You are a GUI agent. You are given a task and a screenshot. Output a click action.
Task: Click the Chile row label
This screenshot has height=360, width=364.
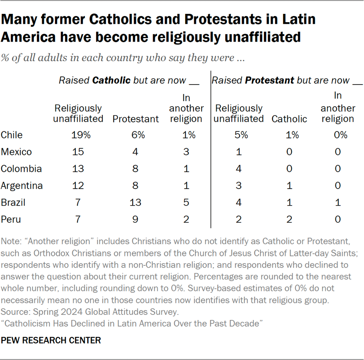pos(12,135)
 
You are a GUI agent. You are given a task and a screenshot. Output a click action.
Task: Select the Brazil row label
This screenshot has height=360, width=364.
pos(13,203)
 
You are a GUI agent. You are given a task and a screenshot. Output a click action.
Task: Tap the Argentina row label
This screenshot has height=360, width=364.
pos(22,186)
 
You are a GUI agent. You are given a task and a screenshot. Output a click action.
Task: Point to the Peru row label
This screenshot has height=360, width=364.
pos(11,219)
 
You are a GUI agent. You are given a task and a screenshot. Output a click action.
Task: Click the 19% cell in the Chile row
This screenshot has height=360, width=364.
pos(81,135)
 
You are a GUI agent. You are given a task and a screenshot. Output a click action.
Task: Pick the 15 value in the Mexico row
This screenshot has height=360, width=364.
pos(78,152)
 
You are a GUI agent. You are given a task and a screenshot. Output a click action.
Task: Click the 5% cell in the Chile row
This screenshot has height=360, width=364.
pos(241,135)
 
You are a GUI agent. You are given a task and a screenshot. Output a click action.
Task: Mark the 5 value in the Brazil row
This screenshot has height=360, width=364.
pos(186,203)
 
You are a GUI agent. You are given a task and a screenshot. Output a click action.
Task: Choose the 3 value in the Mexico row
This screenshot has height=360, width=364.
pos(186,152)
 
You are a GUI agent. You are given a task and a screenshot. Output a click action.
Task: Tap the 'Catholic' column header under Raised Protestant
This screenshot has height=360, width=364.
pos(289,119)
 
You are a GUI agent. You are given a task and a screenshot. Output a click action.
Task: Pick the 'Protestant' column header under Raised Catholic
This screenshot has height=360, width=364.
pos(135,119)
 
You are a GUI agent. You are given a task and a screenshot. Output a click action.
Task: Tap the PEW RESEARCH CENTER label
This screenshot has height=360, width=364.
pos(51,340)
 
